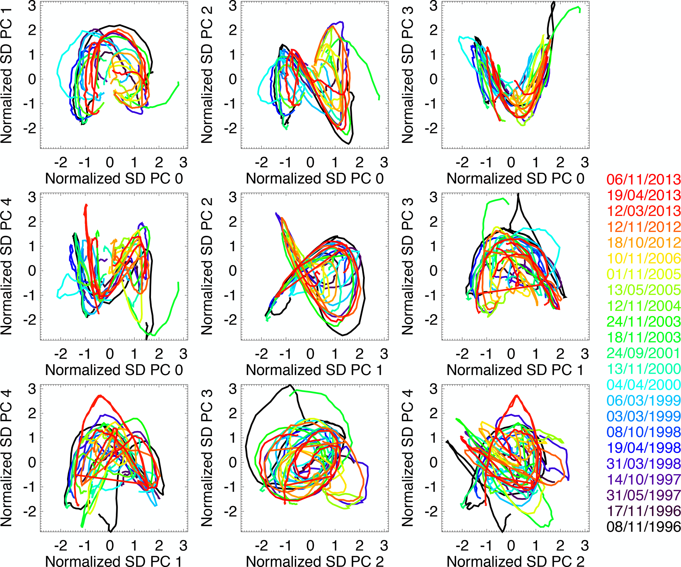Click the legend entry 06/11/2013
click(x=643, y=179)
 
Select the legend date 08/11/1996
click(x=643, y=527)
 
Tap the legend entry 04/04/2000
click(x=643, y=385)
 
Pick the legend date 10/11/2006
click(x=643, y=258)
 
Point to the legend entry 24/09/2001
click(x=643, y=353)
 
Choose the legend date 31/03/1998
click(x=643, y=464)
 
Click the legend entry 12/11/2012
click(x=643, y=227)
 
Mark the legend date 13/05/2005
click(x=643, y=290)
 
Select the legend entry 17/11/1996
click(x=643, y=511)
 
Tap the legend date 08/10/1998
click(x=643, y=432)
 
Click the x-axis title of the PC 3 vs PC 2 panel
click(x=315, y=561)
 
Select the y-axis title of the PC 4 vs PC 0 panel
click(x=7, y=267)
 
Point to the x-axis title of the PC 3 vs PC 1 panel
click(x=515, y=370)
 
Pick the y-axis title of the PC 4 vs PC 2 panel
click(x=408, y=458)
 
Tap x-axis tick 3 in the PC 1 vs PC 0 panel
click(x=184, y=162)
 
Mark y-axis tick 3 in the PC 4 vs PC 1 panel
click(x=32, y=389)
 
